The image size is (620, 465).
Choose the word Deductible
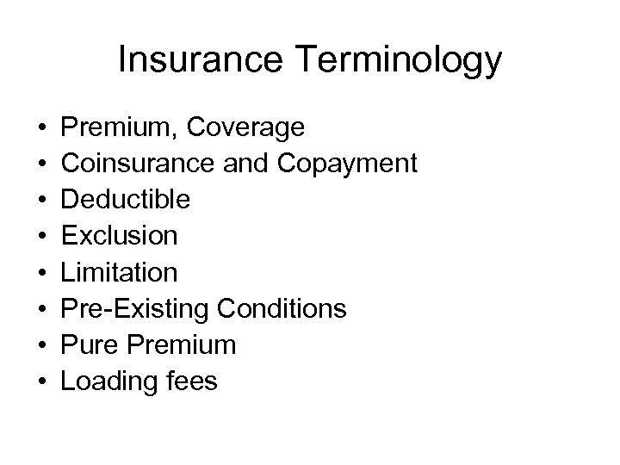coord(126,200)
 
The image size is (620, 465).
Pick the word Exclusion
coord(120,236)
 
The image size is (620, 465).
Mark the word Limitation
coord(120,272)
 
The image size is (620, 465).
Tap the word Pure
coord(90,344)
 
